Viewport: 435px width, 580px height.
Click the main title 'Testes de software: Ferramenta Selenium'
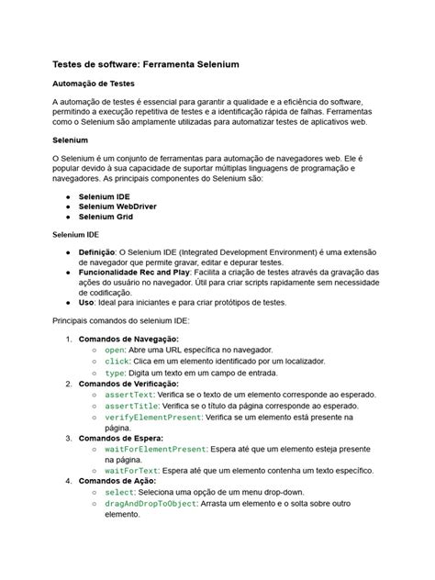[x=145, y=67]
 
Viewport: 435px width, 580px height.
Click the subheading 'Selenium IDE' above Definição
[x=75, y=235]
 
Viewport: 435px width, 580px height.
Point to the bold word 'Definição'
[x=96, y=251]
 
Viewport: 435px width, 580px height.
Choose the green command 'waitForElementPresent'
[x=155, y=449]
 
